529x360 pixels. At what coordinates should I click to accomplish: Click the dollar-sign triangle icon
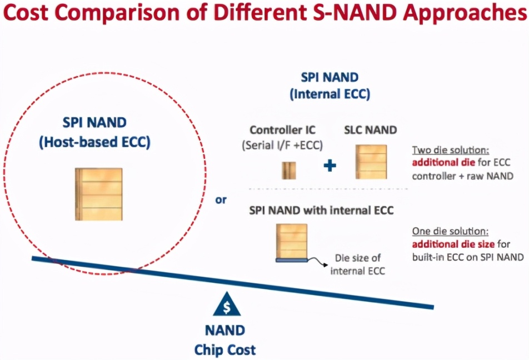[226, 304]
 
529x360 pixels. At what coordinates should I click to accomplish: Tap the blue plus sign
[330, 165]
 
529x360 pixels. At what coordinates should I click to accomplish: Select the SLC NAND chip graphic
[371, 161]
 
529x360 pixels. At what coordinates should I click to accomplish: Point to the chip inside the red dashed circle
[98, 194]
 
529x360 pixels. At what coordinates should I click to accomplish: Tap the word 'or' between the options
[221, 199]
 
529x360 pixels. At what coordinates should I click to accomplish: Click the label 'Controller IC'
[282, 131]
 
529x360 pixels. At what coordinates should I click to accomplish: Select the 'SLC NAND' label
[371, 131]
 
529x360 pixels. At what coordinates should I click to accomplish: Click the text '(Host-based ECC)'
[94, 142]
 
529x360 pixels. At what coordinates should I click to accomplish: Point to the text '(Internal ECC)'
[329, 94]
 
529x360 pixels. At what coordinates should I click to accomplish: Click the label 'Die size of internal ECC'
[357, 264]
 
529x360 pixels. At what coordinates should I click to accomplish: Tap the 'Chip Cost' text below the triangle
[225, 350]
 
